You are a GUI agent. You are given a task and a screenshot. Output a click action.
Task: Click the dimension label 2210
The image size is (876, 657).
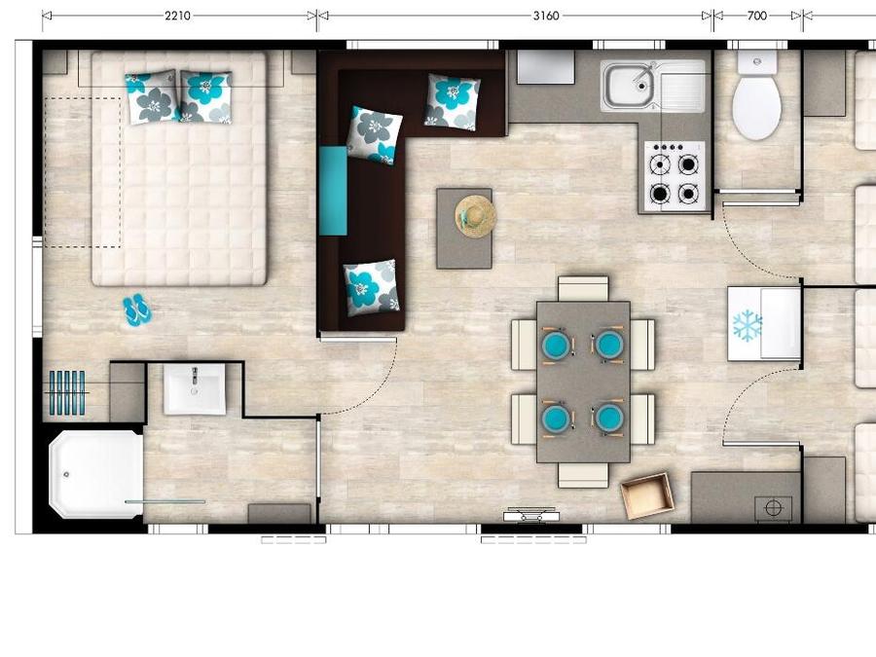(x=178, y=16)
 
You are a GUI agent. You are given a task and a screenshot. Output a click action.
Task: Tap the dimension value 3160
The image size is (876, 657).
(x=546, y=16)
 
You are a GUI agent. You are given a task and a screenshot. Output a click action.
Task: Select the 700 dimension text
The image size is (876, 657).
(x=757, y=16)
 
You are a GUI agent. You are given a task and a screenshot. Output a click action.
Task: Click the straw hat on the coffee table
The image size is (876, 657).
(x=475, y=216)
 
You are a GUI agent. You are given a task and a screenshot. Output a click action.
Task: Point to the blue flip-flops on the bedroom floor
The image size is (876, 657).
(x=137, y=310)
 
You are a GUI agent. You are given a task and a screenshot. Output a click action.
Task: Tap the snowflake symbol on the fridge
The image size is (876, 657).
(x=747, y=325)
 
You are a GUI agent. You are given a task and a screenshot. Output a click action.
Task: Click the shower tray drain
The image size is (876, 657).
(x=66, y=474)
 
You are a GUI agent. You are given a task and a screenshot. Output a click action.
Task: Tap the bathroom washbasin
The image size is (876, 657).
(x=195, y=388)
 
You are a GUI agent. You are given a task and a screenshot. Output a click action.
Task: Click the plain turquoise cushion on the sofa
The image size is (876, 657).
(x=333, y=191)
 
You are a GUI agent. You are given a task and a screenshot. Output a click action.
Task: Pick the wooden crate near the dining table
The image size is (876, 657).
(x=647, y=495)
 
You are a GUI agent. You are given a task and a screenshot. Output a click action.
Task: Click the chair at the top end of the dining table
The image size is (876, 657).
(x=583, y=289)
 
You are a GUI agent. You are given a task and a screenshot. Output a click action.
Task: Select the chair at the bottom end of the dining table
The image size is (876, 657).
(x=583, y=475)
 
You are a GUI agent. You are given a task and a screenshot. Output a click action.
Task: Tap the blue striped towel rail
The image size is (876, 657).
(x=66, y=393)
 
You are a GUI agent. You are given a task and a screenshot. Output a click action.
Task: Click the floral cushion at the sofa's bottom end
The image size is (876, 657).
(x=372, y=286)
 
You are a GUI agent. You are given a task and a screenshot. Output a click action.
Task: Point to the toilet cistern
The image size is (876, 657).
(x=757, y=62)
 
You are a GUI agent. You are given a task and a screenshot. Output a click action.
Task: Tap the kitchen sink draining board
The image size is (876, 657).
(x=682, y=86)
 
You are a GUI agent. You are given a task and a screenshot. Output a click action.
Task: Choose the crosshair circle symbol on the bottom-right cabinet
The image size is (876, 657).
(x=773, y=508)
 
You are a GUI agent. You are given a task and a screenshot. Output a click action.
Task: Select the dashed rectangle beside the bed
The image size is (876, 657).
(x=83, y=172)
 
